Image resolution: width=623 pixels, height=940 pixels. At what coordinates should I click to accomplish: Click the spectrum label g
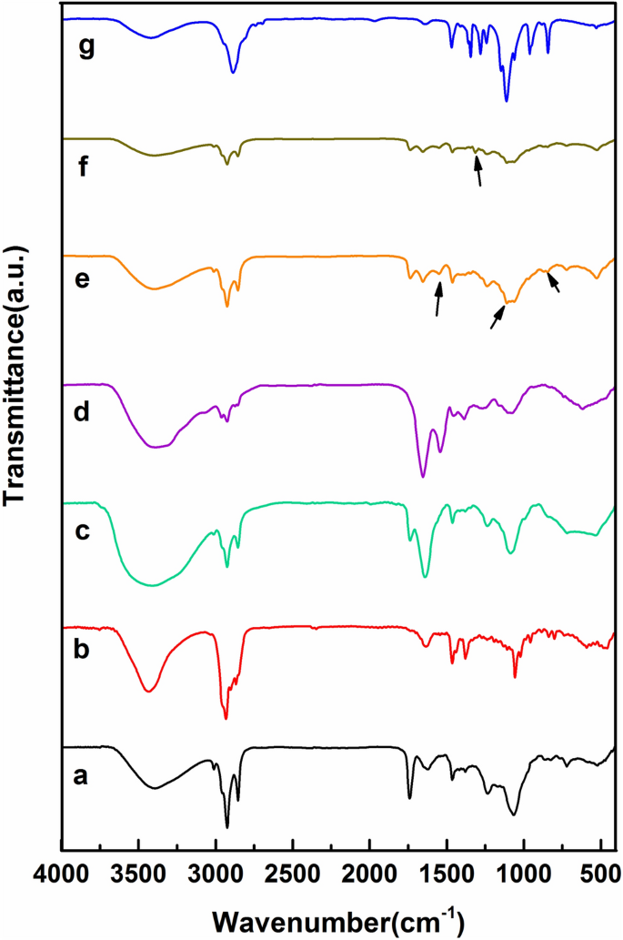pyautogui.click(x=87, y=48)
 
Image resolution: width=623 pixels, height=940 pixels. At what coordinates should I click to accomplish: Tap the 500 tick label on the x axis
pyautogui.click(x=600, y=871)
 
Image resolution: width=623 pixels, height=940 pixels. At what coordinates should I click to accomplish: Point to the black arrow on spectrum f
pyautogui.click(x=478, y=170)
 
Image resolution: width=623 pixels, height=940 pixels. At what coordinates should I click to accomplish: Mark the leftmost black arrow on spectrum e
pyautogui.click(x=438, y=298)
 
